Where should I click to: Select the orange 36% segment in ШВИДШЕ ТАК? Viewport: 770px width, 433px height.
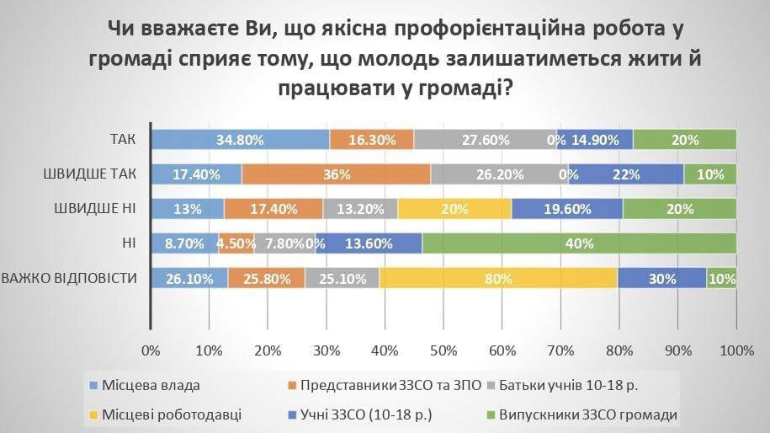[x=336, y=174]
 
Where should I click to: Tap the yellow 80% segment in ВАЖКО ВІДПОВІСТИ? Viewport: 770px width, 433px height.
[x=499, y=278]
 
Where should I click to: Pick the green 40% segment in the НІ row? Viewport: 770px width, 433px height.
[x=579, y=243]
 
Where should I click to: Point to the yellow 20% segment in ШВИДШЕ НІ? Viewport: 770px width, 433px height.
[x=454, y=209]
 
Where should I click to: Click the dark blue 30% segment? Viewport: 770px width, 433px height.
[x=661, y=278]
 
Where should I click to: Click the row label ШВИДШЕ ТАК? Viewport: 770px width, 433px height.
[x=90, y=174]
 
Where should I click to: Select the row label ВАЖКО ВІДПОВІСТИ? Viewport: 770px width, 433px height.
[x=71, y=278]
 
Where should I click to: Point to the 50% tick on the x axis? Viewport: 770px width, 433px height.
[x=443, y=349]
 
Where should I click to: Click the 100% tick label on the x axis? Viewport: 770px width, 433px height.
[x=736, y=349]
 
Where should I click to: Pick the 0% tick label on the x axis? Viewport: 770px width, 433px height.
[x=151, y=349]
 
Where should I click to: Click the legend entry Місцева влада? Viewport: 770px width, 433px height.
[x=151, y=387]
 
